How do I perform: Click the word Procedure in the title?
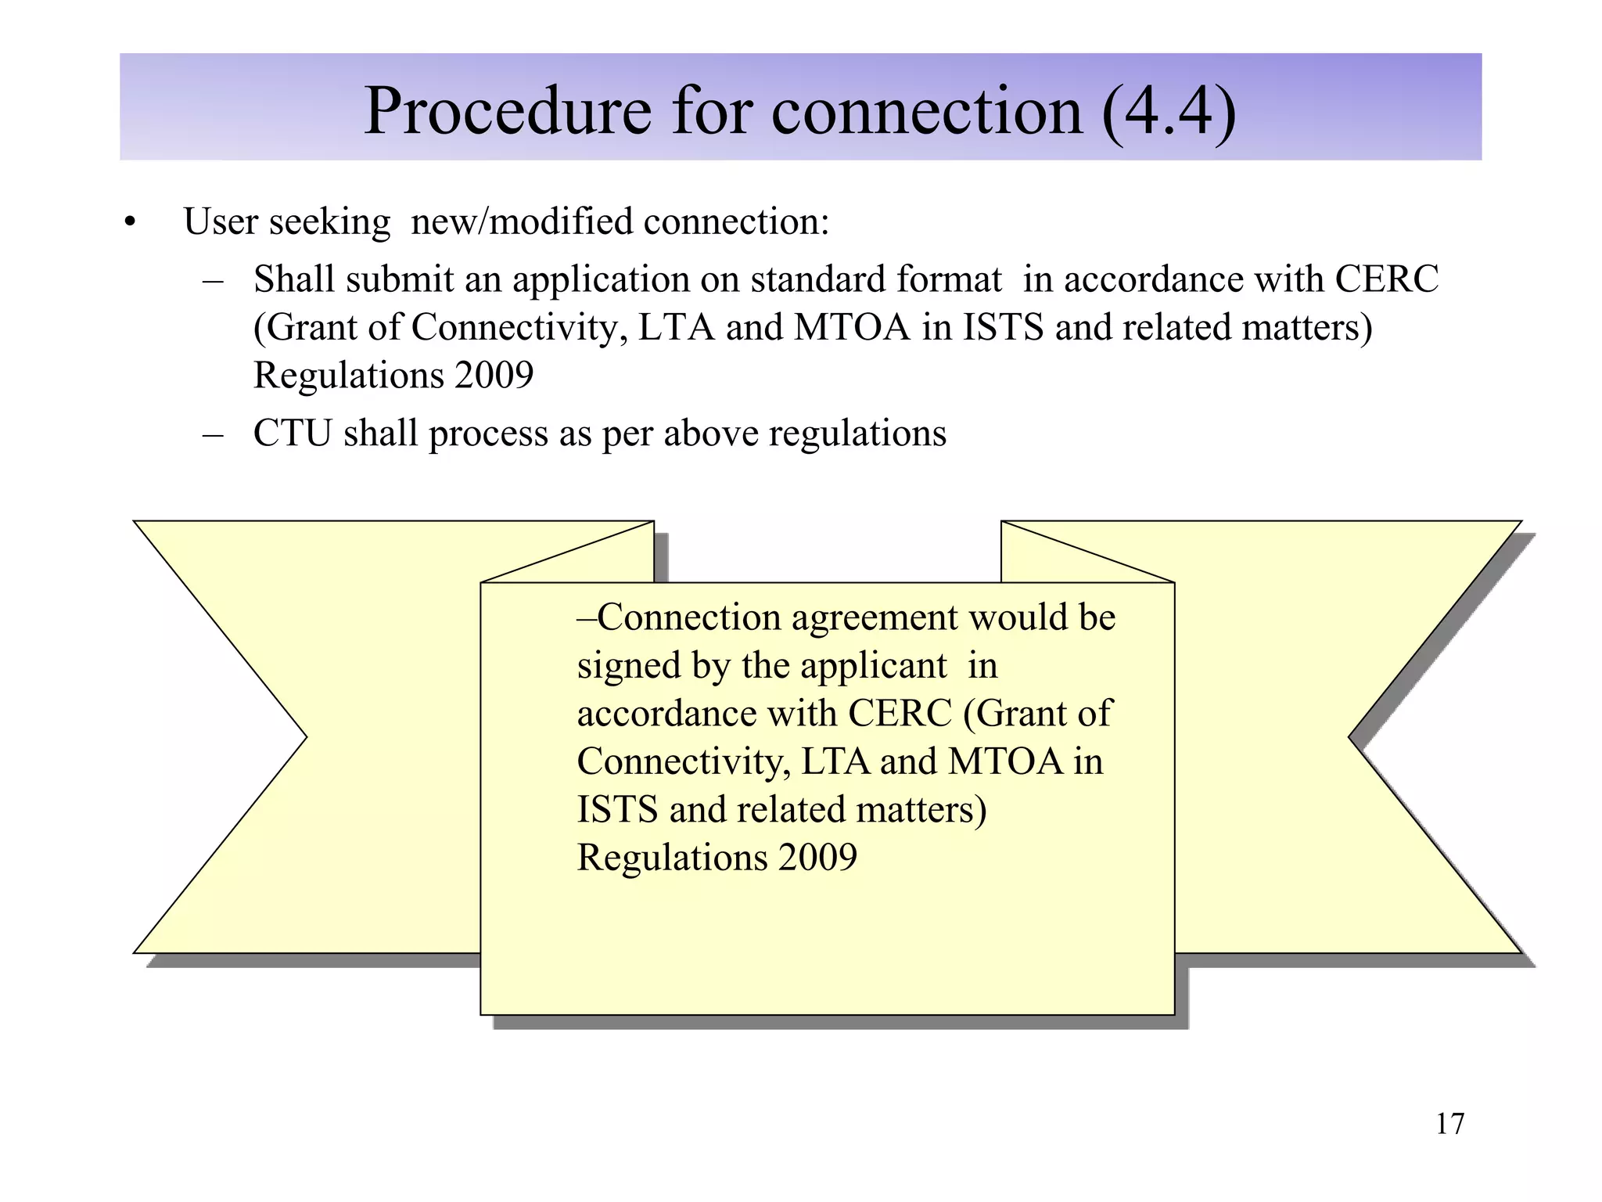507,111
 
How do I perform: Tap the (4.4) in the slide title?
1169,111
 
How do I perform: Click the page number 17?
1449,1124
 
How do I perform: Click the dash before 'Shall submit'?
212,280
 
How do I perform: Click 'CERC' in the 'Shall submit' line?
1386,279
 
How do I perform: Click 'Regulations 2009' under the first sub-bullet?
393,376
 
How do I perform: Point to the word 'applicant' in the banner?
845,667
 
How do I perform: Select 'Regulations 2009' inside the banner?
717,858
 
